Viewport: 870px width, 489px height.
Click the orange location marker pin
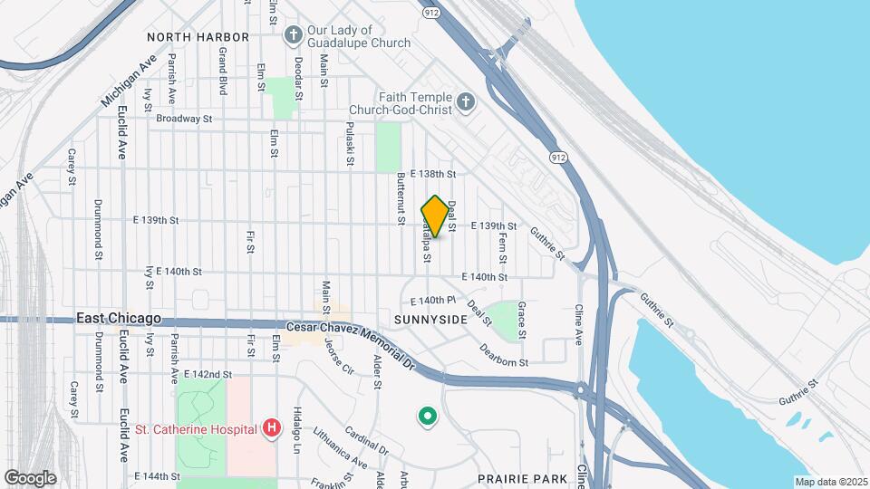(x=435, y=216)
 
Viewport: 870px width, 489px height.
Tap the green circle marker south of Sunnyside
(x=427, y=417)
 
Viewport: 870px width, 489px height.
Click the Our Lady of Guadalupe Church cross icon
(x=293, y=34)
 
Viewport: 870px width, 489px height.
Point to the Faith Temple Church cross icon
(x=466, y=101)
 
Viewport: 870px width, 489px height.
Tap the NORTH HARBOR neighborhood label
(x=198, y=37)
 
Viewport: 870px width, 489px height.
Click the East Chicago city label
(x=119, y=319)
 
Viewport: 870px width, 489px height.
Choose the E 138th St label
(x=432, y=173)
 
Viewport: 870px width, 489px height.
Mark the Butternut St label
(x=400, y=199)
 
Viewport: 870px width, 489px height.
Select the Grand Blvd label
(x=222, y=72)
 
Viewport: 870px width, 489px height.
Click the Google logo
(x=31, y=477)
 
